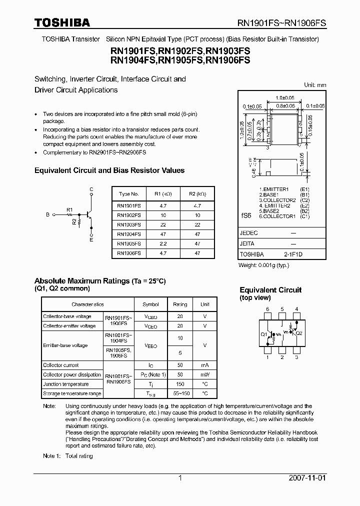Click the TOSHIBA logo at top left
[x=62, y=22]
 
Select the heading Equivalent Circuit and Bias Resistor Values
[x=109, y=170]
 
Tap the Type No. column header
[x=128, y=194]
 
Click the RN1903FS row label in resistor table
[x=128, y=224]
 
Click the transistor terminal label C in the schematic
[x=91, y=189]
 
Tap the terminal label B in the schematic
[x=48, y=214]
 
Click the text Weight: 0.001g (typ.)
[x=263, y=265]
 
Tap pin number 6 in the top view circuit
[x=267, y=309]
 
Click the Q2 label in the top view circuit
[x=299, y=333]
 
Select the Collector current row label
[x=61, y=365]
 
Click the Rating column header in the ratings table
[x=180, y=304]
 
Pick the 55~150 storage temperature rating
[x=180, y=393]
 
